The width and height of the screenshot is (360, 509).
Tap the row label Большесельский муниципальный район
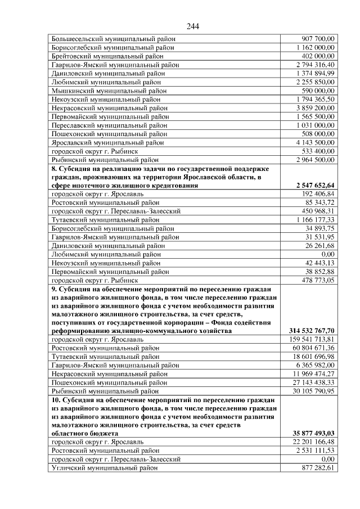113,39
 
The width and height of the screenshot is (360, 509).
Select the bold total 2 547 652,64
314,185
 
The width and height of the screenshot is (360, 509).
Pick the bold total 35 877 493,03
313,434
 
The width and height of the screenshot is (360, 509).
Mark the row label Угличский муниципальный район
105,468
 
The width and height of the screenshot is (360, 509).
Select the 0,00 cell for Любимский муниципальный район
326,254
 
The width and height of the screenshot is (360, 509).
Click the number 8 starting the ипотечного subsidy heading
53,169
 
